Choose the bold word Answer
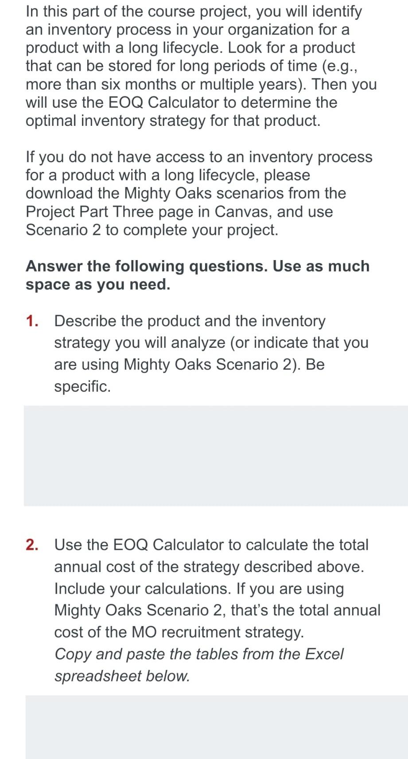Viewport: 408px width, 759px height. (54, 266)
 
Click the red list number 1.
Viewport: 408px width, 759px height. (31, 321)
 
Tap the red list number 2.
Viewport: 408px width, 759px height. (31, 545)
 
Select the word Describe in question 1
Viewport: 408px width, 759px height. (85, 321)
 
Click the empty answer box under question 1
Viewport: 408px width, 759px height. (216, 455)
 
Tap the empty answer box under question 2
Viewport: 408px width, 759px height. (217, 727)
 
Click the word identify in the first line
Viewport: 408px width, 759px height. (337, 12)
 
